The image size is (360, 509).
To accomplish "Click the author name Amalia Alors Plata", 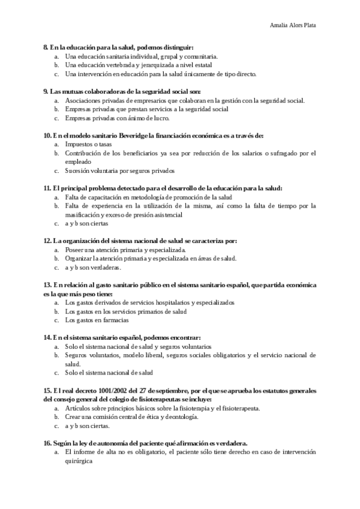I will [293, 26].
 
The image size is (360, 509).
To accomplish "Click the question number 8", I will [46, 47].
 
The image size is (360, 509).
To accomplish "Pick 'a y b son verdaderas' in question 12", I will [93, 267].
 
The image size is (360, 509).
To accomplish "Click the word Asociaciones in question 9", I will [83, 101].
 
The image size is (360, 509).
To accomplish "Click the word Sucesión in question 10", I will [77, 170].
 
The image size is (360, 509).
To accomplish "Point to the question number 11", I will [47, 188].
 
